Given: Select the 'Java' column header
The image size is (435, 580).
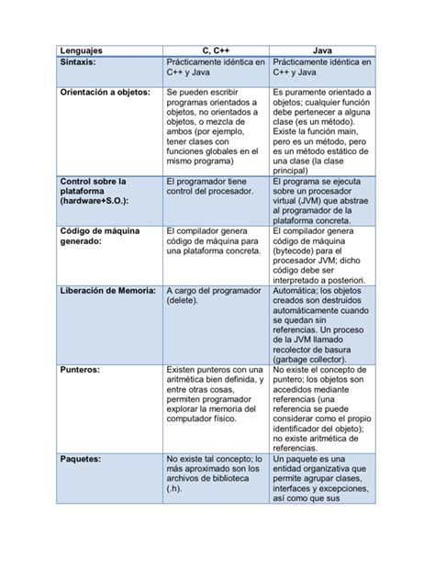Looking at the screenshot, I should [x=322, y=50].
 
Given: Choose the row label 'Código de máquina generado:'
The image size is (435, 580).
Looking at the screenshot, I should [x=100, y=237].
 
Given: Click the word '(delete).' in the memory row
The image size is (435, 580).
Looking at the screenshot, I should [x=184, y=301].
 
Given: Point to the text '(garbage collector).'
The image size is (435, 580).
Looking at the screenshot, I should [x=316, y=361].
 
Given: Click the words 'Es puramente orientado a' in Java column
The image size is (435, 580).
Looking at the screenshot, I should [x=322, y=93].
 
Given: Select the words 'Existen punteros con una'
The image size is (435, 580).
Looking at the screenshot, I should [x=215, y=371].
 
